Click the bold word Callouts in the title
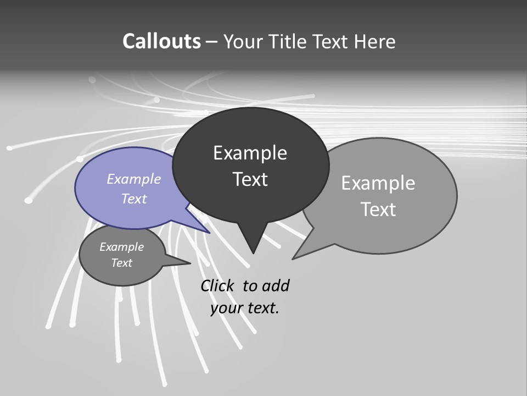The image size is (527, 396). click(161, 41)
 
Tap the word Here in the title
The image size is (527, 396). click(375, 41)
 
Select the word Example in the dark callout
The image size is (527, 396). click(250, 153)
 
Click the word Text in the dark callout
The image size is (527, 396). click(250, 179)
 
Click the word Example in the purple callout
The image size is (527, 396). click(134, 179)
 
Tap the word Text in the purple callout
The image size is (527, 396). click(134, 199)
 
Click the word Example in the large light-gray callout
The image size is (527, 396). click(378, 183)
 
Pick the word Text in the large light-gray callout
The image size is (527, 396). click(378, 210)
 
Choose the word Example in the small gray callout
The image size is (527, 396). click(121, 247)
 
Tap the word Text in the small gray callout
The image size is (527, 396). click(121, 263)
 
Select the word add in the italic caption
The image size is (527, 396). click(276, 285)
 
